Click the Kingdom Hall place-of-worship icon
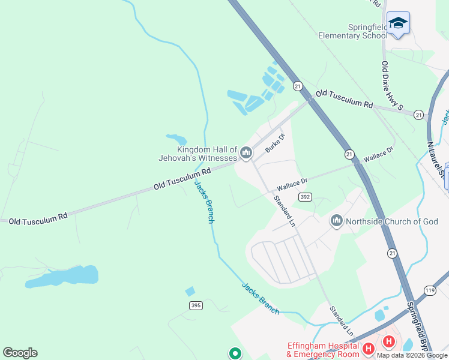246,154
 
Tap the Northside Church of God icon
336,221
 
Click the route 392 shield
306,197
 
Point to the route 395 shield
196,305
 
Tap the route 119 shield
429,290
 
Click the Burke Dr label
275,143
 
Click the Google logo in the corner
20,353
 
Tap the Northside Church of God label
392,221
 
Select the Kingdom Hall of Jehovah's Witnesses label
207,154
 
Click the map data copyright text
412,355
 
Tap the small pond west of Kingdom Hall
176,139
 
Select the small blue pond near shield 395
190,291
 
